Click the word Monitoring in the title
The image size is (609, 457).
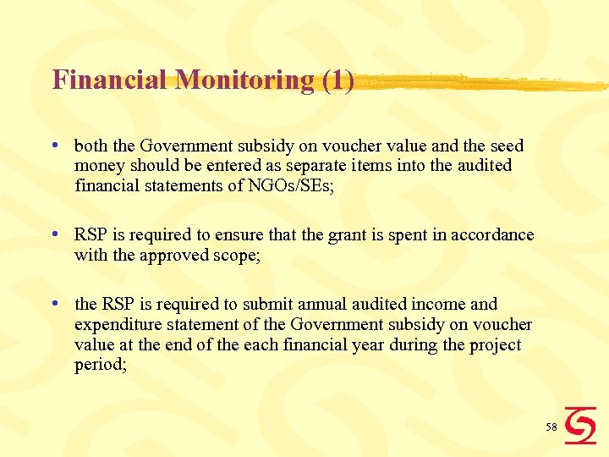click(x=245, y=80)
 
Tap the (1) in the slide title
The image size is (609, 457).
click(x=337, y=80)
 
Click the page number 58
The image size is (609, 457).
click(x=551, y=427)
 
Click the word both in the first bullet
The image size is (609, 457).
click(x=90, y=146)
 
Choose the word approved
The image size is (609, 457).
click(x=167, y=255)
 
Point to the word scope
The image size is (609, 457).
click(x=238, y=255)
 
